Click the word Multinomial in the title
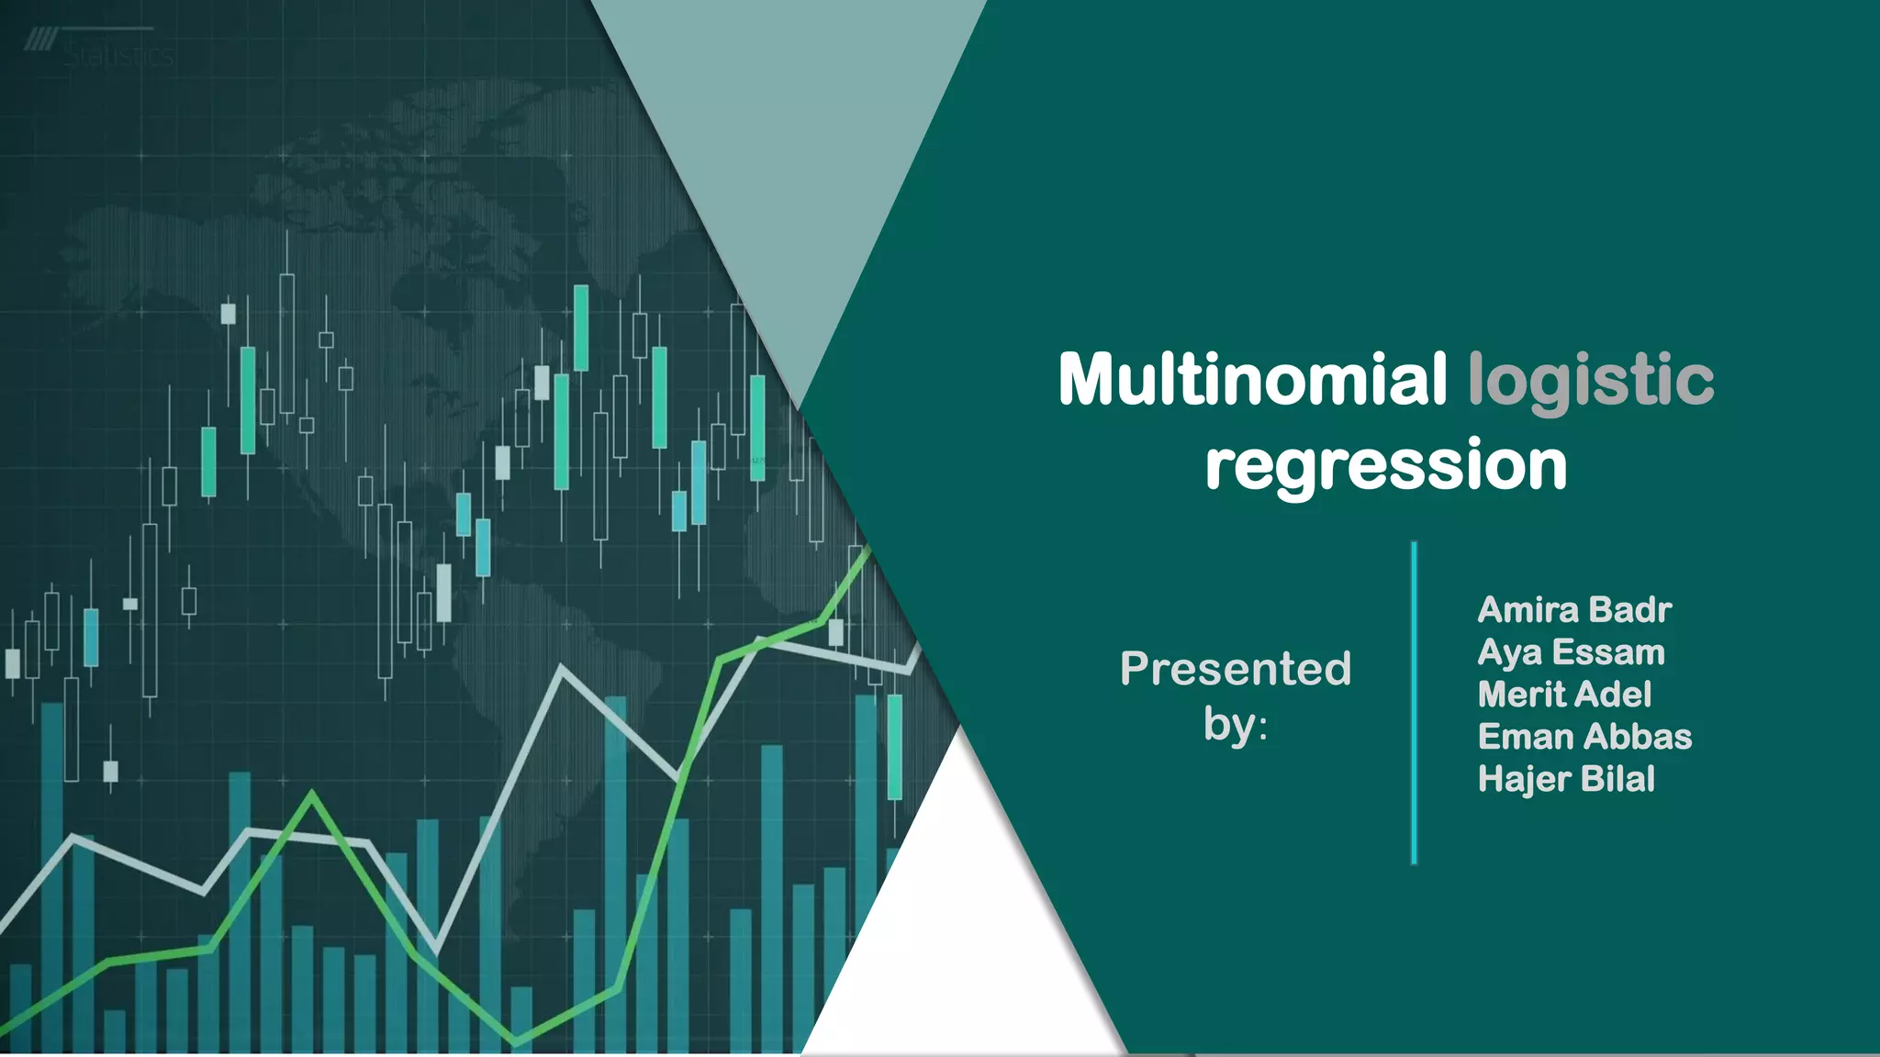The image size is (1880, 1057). [1252, 379]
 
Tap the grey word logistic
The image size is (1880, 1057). [1590, 381]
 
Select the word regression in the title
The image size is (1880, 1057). [1385, 465]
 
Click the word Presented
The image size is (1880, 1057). [1235, 669]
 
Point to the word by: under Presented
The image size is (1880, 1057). [1235, 725]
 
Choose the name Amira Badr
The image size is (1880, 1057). [1573, 610]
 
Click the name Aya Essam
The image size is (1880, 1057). [1570, 652]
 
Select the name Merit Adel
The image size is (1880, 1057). [1563, 695]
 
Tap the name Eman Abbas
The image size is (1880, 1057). [1583, 737]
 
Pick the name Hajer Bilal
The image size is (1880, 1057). [1565, 779]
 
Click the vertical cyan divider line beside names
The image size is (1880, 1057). [1414, 702]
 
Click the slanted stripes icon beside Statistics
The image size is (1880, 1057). [39, 39]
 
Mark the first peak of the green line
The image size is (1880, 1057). [312, 795]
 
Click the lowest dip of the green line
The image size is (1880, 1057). [516, 1042]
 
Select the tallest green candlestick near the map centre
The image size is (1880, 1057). [580, 328]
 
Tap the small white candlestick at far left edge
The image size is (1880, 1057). [13, 662]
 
